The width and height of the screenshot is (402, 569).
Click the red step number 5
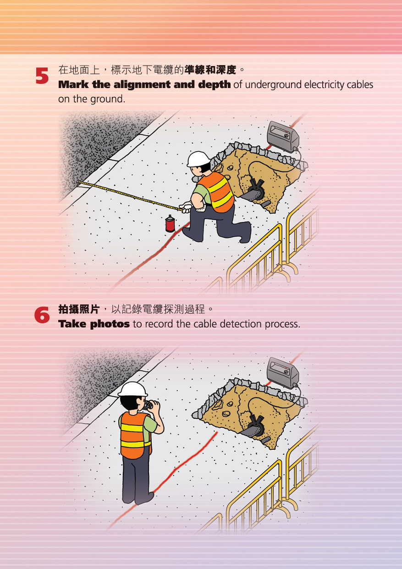point(42,76)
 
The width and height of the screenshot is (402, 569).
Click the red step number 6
point(42,315)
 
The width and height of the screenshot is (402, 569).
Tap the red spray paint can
point(170,224)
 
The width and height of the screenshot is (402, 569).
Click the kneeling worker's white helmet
point(198,159)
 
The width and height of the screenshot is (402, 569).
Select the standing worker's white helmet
point(132,389)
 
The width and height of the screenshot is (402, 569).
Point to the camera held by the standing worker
point(148,405)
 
